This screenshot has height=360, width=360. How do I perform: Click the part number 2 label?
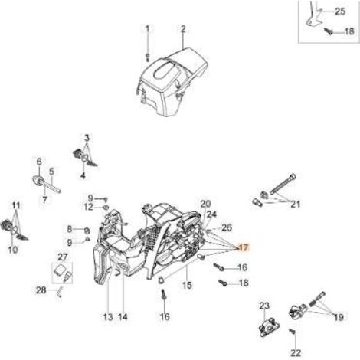(183, 28)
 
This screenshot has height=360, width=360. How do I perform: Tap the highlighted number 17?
(243, 247)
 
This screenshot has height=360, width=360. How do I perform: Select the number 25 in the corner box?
(340, 11)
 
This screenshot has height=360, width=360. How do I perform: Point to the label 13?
(108, 317)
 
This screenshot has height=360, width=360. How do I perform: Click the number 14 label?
(123, 317)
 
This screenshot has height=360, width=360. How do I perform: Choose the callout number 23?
(264, 306)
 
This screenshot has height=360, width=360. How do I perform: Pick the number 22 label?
(296, 353)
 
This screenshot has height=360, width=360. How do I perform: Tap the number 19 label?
(339, 317)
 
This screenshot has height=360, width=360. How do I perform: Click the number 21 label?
(295, 204)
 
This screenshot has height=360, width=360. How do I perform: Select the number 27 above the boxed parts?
(63, 257)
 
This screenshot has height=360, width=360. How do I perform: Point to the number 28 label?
(41, 290)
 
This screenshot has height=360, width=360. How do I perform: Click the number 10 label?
(13, 250)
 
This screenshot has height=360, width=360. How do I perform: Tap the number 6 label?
(39, 162)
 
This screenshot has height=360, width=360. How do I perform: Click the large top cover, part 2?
(173, 82)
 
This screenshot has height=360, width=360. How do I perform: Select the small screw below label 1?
(148, 57)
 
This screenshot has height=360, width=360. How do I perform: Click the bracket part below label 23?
(269, 327)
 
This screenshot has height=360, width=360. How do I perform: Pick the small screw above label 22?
(293, 332)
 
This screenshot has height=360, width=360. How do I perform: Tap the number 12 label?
(89, 207)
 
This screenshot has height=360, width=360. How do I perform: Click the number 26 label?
(227, 227)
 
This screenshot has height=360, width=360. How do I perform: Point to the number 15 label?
(187, 285)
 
